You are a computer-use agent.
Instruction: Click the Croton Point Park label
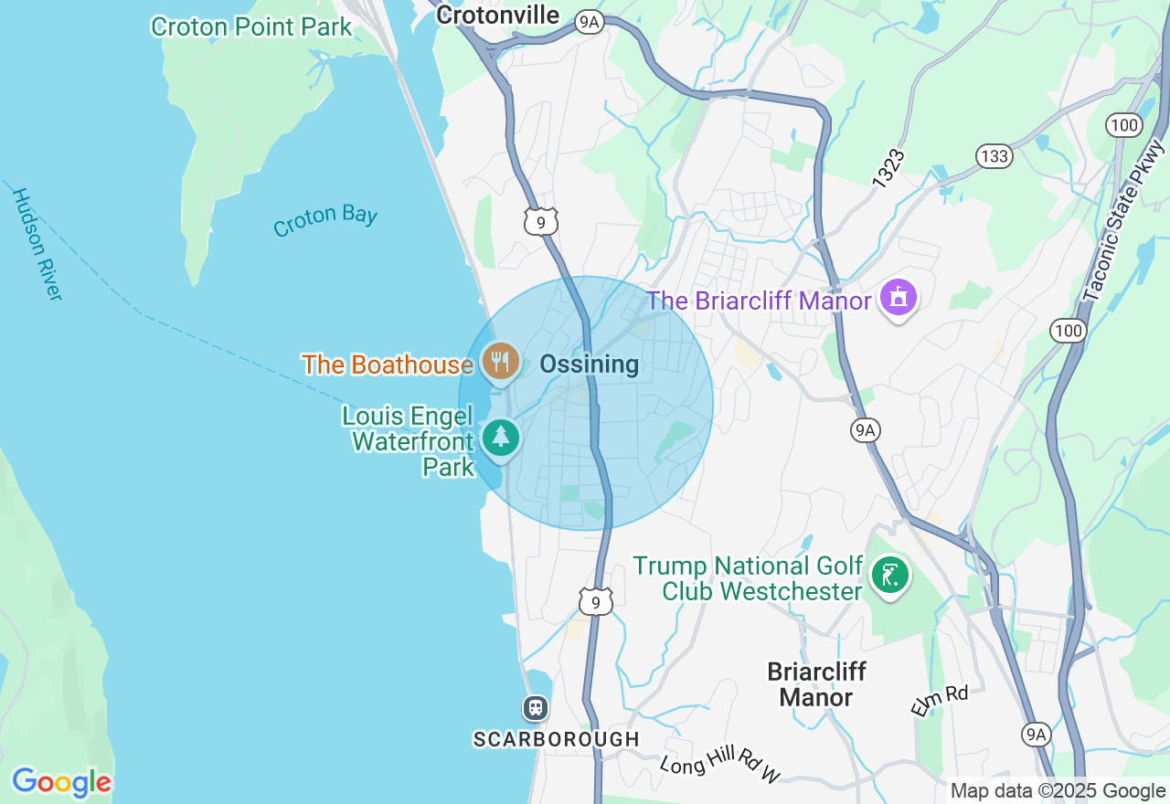coord(251,27)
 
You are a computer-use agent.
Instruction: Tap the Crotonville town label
coord(497,15)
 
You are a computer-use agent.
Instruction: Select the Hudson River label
coord(37,244)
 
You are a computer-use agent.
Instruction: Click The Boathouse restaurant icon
coord(500,362)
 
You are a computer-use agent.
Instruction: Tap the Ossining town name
coord(589,365)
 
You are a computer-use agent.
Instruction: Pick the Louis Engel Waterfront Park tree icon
coord(500,438)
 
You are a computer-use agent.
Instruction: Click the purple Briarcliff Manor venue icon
coord(899,298)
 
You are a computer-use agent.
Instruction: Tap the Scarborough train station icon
coord(535,707)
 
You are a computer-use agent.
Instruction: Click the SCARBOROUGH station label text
coord(556,738)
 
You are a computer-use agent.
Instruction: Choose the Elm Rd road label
coord(939,701)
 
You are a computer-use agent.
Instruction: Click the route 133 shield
coord(993,156)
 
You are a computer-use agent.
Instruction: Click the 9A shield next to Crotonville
coord(590,23)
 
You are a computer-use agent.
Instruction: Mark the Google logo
coord(61,782)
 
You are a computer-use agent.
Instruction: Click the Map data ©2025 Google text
coord(1058,791)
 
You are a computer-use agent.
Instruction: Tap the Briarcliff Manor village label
coord(816,684)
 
